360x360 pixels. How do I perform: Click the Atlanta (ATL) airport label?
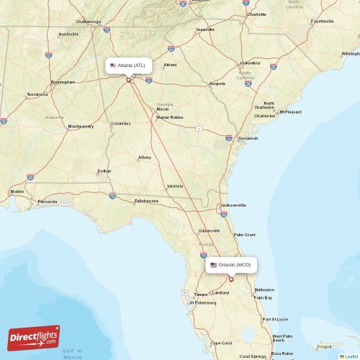pos(129,66)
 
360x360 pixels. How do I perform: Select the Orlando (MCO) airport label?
pos(231,265)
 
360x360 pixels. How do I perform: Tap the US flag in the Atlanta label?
pos(113,66)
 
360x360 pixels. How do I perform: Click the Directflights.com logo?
pos(34,338)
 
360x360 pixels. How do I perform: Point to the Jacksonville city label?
pos(233,205)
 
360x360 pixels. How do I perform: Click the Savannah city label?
pos(248,138)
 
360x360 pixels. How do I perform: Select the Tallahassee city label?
pos(146,201)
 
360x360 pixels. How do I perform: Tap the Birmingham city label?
pos(63,82)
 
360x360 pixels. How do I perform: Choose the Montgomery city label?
pos(81,126)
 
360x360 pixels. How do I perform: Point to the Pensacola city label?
pos(48,202)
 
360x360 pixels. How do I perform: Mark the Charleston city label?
pos(264,115)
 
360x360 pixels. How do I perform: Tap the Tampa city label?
pos(201,294)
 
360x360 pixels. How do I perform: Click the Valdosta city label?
pos(175,186)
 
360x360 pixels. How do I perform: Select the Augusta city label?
pos(217,84)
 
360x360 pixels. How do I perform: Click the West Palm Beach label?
pos(282,338)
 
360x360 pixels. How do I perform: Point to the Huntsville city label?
pos(68,34)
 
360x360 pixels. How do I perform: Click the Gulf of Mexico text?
pos(73,354)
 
